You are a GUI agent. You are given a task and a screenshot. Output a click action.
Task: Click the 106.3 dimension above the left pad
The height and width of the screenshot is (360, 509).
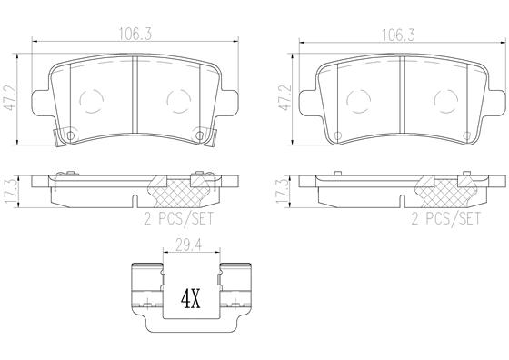[x=135, y=34]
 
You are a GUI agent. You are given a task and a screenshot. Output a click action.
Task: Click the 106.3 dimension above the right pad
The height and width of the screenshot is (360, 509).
[x=399, y=34]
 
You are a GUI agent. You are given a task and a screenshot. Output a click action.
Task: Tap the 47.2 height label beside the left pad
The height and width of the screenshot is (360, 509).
[x=9, y=98]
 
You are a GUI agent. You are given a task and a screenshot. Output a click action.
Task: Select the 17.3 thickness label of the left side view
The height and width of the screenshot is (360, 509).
[x=11, y=192]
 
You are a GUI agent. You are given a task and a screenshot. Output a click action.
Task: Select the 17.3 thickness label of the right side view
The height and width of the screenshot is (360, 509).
[x=282, y=192]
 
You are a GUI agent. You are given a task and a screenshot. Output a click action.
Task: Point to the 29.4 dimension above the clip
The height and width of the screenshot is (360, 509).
[x=189, y=245]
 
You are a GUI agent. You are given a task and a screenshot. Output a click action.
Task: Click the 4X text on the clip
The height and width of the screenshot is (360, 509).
[x=191, y=299]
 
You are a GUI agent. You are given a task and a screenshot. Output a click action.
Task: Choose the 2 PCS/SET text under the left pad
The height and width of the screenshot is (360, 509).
[x=179, y=219]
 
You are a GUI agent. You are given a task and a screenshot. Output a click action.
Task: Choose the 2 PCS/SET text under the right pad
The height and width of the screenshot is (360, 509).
[x=446, y=219]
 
